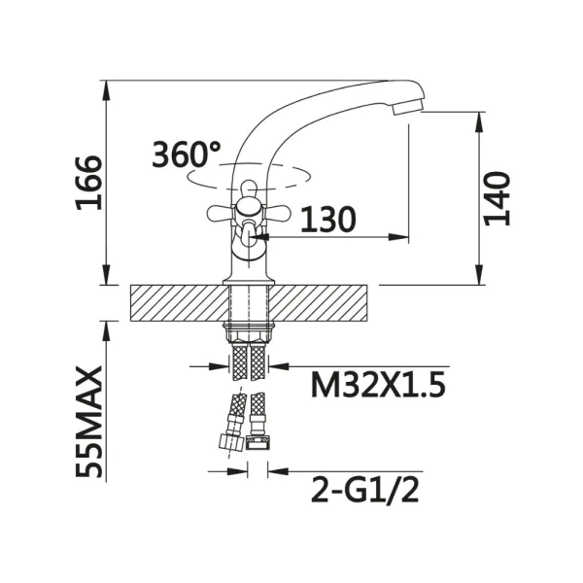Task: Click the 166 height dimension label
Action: pos(88,183)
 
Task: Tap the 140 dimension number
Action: pos(497,198)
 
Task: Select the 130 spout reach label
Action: pos(328,219)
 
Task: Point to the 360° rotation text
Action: pos(186,154)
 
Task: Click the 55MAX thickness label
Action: pos(88,422)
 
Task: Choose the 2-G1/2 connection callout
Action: pos(365,490)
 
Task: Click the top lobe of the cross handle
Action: pos(249,189)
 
